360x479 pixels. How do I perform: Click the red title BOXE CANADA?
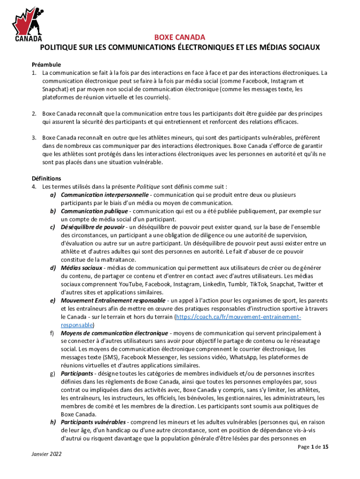[180, 38]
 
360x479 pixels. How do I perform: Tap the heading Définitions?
[46, 178]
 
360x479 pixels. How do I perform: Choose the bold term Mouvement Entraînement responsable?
[113, 300]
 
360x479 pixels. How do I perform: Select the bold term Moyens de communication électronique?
[115, 333]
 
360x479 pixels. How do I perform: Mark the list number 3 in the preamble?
[34, 138]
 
